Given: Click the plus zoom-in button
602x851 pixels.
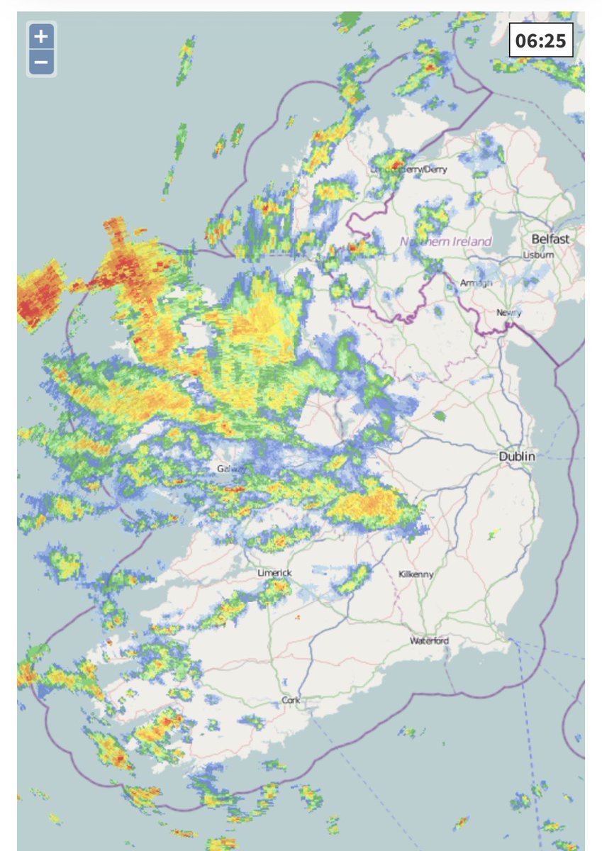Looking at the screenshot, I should click(41, 36).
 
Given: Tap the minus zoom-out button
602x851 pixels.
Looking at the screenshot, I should click(41, 62).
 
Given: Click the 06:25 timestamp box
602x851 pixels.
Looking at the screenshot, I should click(540, 40).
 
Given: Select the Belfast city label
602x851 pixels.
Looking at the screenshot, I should click(550, 239).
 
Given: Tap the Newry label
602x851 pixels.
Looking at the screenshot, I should click(508, 313).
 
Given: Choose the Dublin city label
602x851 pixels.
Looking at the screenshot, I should click(517, 457).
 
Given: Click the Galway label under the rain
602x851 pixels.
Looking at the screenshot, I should click(232, 469).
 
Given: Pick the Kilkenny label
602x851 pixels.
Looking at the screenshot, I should click(416, 574).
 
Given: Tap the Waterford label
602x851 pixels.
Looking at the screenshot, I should click(429, 641).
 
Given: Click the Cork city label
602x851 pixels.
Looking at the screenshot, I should click(291, 701).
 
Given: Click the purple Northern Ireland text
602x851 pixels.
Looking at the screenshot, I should click(446, 242).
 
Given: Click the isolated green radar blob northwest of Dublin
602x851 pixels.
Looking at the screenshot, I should click(440, 416).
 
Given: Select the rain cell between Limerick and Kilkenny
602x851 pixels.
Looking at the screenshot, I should click(352, 579).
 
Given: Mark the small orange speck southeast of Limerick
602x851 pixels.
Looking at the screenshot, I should click(299, 618).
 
